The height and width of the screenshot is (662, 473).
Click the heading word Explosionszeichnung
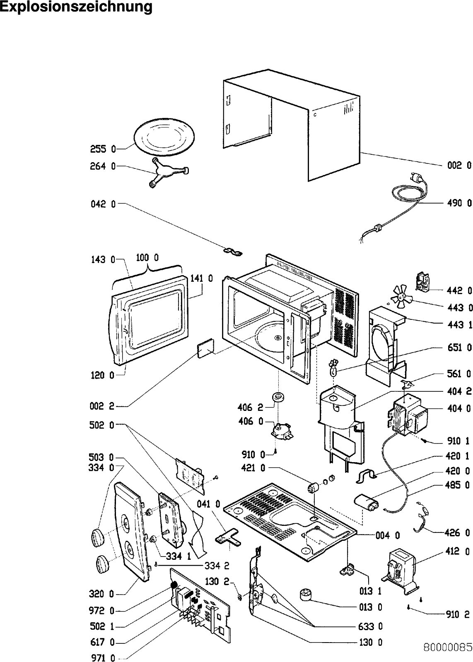(76, 7)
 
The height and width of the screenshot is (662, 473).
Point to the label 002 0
(459, 165)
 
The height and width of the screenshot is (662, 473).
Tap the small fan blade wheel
(400, 297)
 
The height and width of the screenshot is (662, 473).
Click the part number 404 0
(459, 409)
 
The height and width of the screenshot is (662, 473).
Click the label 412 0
(459, 551)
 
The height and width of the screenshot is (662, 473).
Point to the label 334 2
(217, 566)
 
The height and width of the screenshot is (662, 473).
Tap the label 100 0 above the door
(147, 258)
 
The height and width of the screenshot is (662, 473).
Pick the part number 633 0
(370, 626)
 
